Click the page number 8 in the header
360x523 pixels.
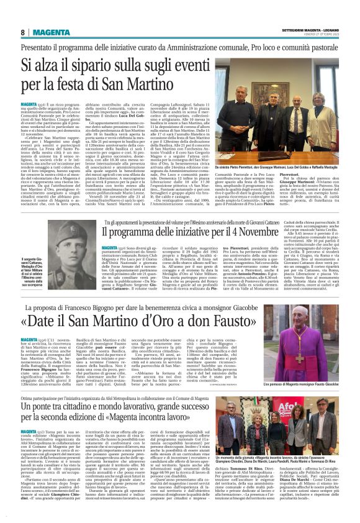click(x=22, y=32)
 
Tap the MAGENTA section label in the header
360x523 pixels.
click(x=52, y=32)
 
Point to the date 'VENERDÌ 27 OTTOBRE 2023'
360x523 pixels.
click(x=318, y=35)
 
